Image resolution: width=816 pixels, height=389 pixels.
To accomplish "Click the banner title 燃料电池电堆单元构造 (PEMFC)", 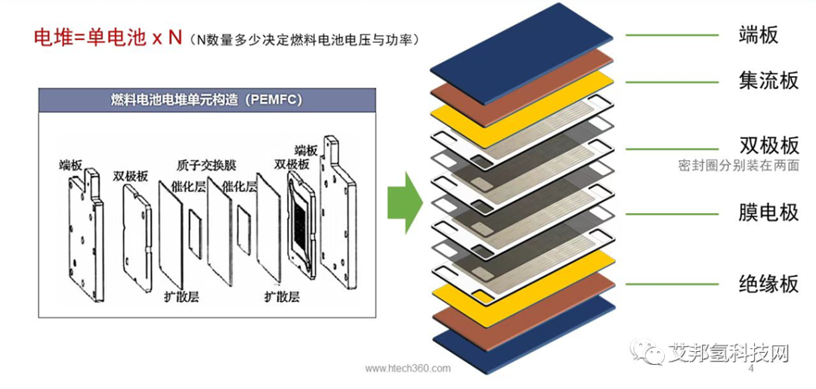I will [x=206, y=100].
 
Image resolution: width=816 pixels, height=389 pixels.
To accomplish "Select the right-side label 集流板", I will [x=768, y=80].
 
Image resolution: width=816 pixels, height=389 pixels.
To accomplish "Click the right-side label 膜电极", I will [x=768, y=212].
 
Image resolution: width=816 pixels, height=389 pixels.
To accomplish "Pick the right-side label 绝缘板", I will [x=768, y=284].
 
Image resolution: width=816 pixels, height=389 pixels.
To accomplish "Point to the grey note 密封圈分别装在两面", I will [x=738, y=166].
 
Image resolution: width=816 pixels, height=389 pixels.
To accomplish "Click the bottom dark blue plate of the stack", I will [x=521, y=332].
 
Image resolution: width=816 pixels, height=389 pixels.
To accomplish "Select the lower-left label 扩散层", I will [x=181, y=296].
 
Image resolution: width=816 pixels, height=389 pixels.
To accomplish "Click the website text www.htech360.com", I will [x=408, y=368].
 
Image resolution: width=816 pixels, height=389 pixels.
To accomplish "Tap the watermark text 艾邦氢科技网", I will [x=728, y=352].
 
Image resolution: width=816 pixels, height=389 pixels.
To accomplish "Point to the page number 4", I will [x=751, y=370].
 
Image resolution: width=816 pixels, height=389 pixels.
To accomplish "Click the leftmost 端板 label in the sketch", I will [x=70, y=164].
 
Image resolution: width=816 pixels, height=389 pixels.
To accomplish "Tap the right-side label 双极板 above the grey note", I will [x=768, y=146].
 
